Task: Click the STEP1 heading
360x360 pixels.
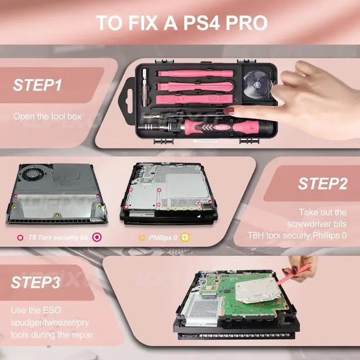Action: coord(37,85)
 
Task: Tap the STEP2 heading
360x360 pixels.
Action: coord(322,183)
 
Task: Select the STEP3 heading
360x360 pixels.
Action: coord(35,282)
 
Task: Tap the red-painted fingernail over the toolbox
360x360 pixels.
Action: coord(229,111)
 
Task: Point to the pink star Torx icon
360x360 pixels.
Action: coord(97,237)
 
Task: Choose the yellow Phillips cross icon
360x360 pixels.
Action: coord(185,237)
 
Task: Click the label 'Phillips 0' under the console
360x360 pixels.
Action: coord(163,237)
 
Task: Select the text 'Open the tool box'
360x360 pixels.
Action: coord(47,116)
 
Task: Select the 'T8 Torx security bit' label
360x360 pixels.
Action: coord(58,237)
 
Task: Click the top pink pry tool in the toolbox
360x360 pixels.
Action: coord(196,74)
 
